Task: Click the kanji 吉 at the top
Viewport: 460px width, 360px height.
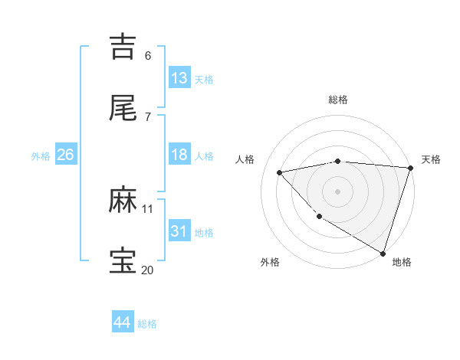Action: pyautogui.click(x=123, y=46)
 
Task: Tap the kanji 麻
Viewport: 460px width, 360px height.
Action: pyautogui.click(x=123, y=201)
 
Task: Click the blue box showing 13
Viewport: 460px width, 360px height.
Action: pyautogui.click(x=179, y=78)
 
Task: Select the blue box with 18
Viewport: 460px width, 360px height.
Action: pyautogui.click(x=179, y=155)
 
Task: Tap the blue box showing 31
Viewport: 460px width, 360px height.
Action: pyautogui.click(x=179, y=231)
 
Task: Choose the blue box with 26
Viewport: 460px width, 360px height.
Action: pyautogui.click(x=65, y=155)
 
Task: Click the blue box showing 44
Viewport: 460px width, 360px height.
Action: pyautogui.click(x=123, y=322)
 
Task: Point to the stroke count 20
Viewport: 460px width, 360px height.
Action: pyautogui.click(x=147, y=270)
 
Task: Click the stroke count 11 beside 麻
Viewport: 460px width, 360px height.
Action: pyautogui.click(x=147, y=208)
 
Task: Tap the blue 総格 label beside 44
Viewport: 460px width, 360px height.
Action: pyautogui.click(x=147, y=324)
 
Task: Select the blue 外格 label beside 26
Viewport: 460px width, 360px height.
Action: pyautogui.click(x=41, y=156)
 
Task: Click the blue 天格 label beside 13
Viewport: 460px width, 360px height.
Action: pyautogui.click(x=203, y=80)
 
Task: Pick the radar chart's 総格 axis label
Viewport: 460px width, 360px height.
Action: pyautogui.click(x=337, y=100)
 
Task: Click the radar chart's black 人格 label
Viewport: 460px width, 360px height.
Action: pyautogui.click(x=245, y=159)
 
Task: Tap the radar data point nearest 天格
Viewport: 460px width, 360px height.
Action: pyautogui.click(x=410, y=168)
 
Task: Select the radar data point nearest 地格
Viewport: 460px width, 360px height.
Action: pyautogui.click(x=383, y=253)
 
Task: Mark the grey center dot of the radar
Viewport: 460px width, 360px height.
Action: pyautogui.click(x=337, y=191)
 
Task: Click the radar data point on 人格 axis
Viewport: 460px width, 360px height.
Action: pyautogui.click(x=280, y=172)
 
